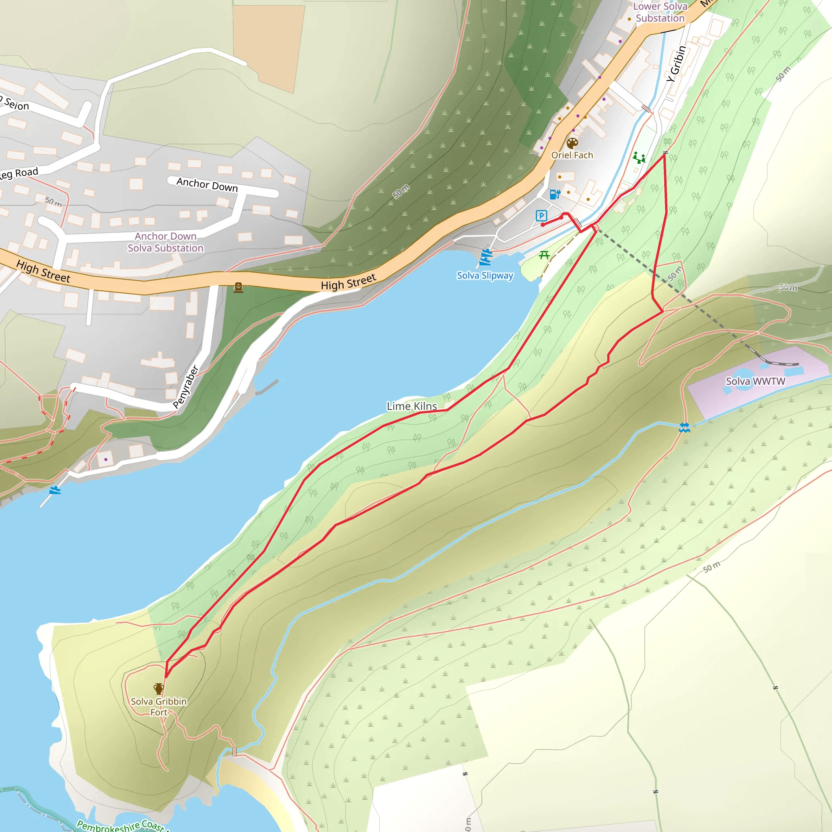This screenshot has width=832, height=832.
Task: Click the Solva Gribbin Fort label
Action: point(158,707)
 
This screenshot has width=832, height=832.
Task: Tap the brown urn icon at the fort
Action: point(158,689)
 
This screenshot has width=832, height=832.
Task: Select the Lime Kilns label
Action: point(412,406)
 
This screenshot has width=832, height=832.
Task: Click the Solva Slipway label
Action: point(485,275)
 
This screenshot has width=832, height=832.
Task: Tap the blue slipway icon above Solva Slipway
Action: point(486,257)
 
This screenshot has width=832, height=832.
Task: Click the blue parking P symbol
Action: point(541,216)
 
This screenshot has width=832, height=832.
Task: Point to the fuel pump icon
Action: point(555,194)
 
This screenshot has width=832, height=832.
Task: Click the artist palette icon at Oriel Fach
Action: point(572,143)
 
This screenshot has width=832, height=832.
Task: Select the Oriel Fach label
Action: point(572,155)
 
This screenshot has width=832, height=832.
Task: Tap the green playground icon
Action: point(639,158)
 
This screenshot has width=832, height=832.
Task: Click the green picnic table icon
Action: point(544,256)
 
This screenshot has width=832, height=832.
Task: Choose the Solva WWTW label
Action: point(755,381)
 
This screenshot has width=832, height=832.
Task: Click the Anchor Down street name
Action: point(207,184)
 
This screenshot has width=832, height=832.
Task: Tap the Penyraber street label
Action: point(186,386)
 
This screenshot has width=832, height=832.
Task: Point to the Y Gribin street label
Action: point(676,64)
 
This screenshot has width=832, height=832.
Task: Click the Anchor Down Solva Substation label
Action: point(165,242)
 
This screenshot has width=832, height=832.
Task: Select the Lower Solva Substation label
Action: point(660,12)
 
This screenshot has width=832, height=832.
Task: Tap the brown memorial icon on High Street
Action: point(238,287)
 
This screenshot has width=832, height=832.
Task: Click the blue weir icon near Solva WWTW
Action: point(684,427)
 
